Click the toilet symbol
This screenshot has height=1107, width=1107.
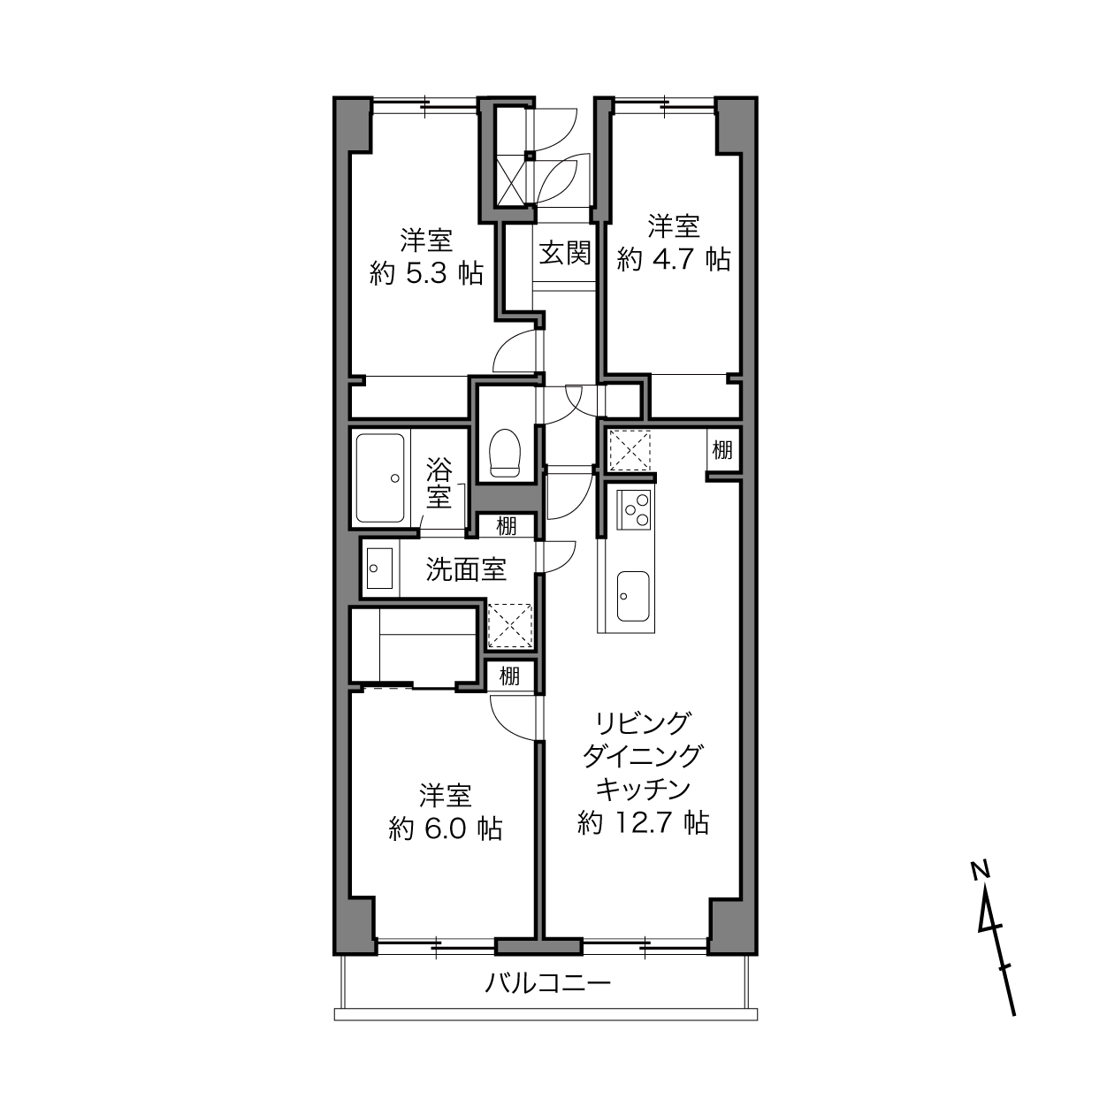click(x=505, y=453)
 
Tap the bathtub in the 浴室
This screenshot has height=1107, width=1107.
click(x=379, y=478)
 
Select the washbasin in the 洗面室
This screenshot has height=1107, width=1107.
click(x=379, y=569)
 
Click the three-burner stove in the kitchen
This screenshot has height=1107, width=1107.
click(x=634, y=509)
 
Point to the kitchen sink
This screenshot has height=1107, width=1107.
click(x=633, y=596)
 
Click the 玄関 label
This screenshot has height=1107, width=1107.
click(x=565, y=253)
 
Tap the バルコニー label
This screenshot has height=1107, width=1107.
click(x=547, y=984)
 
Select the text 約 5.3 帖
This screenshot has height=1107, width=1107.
click(x=426, y=273)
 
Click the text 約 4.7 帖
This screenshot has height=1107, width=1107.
click(x=674, y=260)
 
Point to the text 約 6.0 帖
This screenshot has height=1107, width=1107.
click(x=446, y=829)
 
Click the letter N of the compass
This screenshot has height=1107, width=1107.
click(x=980, y=870)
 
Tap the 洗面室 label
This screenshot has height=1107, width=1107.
click(x=466, y=569)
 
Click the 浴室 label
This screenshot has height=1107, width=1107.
click(x=439, y=483)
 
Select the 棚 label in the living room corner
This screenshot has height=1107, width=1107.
click(x=722, y=449)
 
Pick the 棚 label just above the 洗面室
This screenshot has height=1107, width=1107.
click(x=507, y=525)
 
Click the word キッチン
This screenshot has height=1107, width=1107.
click(x=642, y=790)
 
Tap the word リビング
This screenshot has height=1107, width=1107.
click(x=642, y=722)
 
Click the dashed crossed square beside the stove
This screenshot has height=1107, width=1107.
click(x=630, y=449)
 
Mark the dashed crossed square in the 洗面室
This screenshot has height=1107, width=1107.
click(x=510, y=626)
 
